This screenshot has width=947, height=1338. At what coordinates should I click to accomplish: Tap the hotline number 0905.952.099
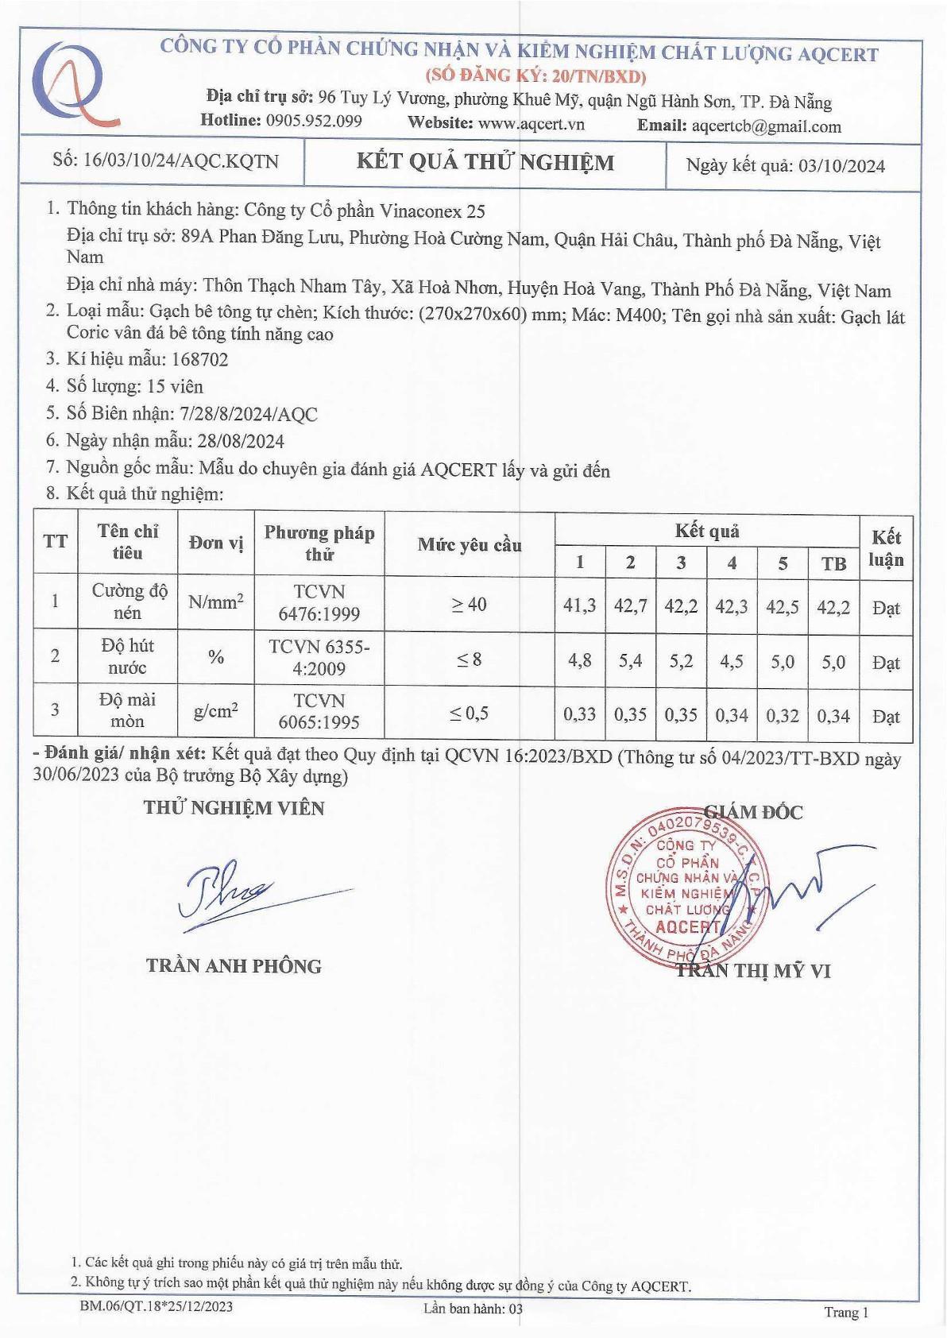coord(314,121)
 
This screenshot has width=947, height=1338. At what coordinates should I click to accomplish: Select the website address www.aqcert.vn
coord(531,123)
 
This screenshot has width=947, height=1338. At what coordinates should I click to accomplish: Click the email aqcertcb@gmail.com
coord(766,126)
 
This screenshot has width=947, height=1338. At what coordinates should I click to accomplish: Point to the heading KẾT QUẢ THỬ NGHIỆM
coord(485,162)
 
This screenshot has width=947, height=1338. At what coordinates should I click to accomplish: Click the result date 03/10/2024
coord(841,166)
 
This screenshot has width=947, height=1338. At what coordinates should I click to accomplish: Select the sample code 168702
coord(199,359)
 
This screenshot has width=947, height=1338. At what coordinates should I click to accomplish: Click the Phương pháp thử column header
coord(319,543)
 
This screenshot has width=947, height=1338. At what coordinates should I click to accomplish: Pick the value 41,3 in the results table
coord(579,605)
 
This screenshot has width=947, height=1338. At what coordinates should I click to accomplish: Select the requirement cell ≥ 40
coord(469,605)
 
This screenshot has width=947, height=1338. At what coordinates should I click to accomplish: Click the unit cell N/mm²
coord(215,602)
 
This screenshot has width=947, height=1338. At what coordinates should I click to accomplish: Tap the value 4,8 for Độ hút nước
coord(579,660)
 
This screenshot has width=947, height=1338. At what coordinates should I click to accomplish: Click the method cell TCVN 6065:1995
coord(319,711)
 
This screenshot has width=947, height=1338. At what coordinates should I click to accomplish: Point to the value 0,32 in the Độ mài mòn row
coord(783,715)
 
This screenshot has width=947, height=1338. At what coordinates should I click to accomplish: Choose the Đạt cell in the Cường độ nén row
coord(886,609)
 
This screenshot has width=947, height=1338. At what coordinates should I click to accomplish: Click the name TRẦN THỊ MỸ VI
coord(753,970)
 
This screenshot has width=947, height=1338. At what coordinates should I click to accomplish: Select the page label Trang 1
coord(846,1312)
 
